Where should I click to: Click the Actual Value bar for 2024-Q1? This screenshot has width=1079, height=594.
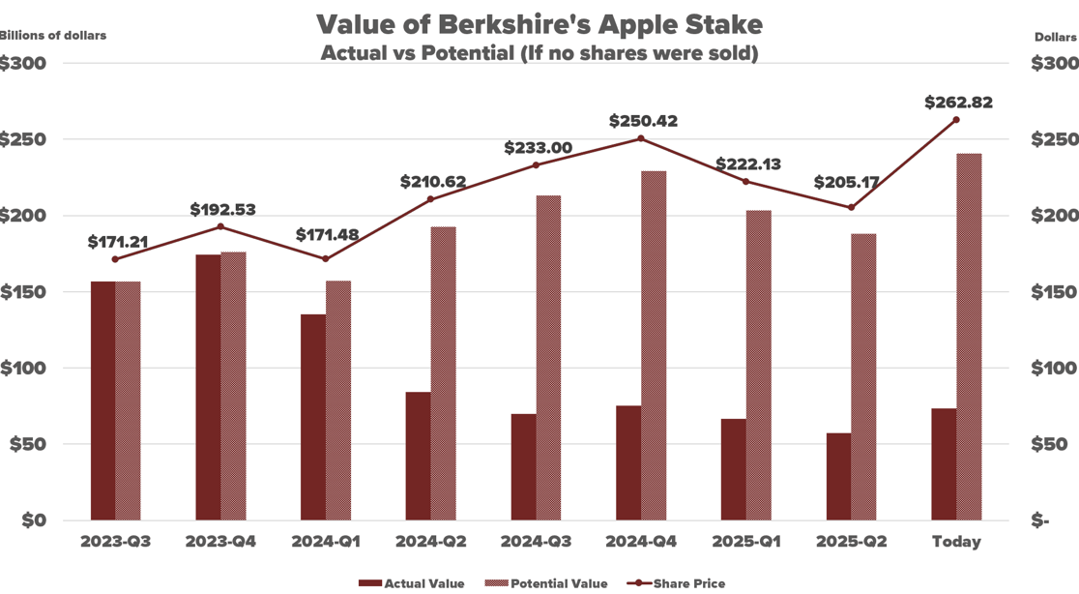[312, 417]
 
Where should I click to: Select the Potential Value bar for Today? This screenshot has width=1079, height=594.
[969, 337]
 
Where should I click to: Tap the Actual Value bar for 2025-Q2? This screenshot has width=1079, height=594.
[838, 476]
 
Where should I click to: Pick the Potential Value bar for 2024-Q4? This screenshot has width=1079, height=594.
[654, 345]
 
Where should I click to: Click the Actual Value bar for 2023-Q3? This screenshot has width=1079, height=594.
[102, 401]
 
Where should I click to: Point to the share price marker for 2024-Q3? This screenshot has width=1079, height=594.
[537, 165]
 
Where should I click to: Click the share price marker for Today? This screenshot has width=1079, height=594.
[956, 120]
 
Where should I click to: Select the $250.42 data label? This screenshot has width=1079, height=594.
[643, 122]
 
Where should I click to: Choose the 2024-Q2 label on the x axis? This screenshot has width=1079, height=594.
[430, 542]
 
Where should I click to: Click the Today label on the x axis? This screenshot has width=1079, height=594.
[956, 542]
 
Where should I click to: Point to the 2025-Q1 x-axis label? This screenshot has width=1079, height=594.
[745, 542]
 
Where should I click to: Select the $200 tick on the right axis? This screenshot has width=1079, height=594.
[1054, 216]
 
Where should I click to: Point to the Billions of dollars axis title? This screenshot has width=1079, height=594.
[52, 36]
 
